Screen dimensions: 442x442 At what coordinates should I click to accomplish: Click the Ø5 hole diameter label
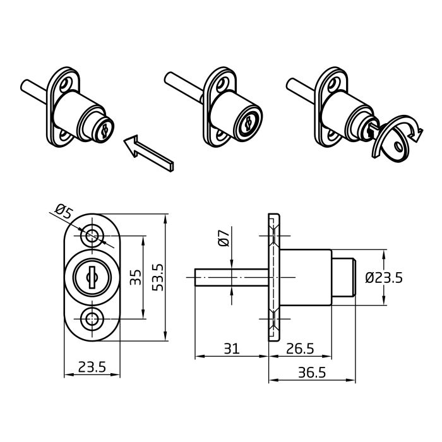[x=64, y=211]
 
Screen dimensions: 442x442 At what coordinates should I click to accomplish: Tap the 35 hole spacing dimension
[x=136, y=277]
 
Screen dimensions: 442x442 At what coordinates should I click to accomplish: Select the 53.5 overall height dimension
[x=158, y=277]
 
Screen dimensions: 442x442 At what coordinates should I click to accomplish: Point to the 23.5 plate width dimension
[x=92, y=367]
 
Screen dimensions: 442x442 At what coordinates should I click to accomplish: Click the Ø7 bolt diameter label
[x=224, y=238]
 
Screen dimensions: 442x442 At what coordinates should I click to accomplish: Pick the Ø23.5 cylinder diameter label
[x=384, y=278]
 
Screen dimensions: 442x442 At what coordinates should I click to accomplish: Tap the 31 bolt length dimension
[x=232, y=349]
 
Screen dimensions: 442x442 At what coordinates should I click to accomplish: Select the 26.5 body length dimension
[x=300, y=349]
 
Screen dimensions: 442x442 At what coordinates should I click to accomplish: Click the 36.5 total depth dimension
[x=312, y=373]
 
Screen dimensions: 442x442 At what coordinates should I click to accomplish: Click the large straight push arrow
[x=148, y=153]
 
